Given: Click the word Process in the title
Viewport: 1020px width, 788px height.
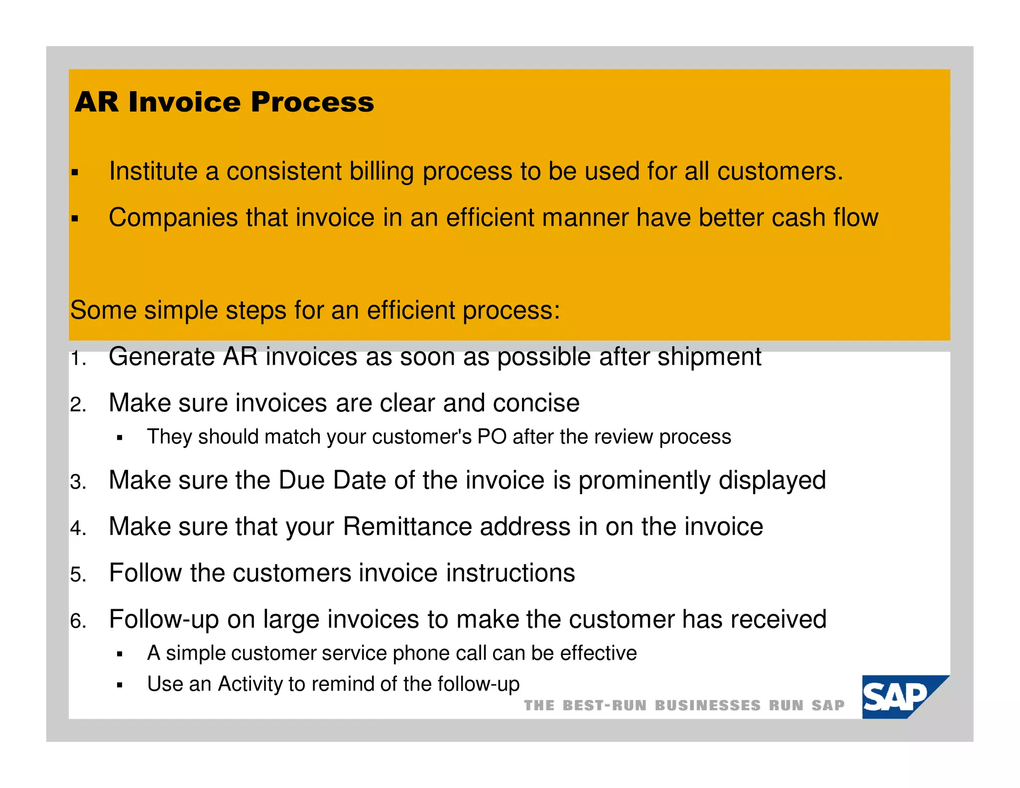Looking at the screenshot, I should coord(312,102).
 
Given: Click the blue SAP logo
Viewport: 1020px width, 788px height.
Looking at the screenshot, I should coord(899,697).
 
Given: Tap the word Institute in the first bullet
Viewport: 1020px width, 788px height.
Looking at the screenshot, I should coord(153,171).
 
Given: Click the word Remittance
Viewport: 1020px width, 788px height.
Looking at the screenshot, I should coord(407,526).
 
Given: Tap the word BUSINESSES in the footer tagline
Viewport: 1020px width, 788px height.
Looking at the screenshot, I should coord(707,705).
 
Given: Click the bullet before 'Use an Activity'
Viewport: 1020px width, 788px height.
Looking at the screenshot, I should coord(120,685).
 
